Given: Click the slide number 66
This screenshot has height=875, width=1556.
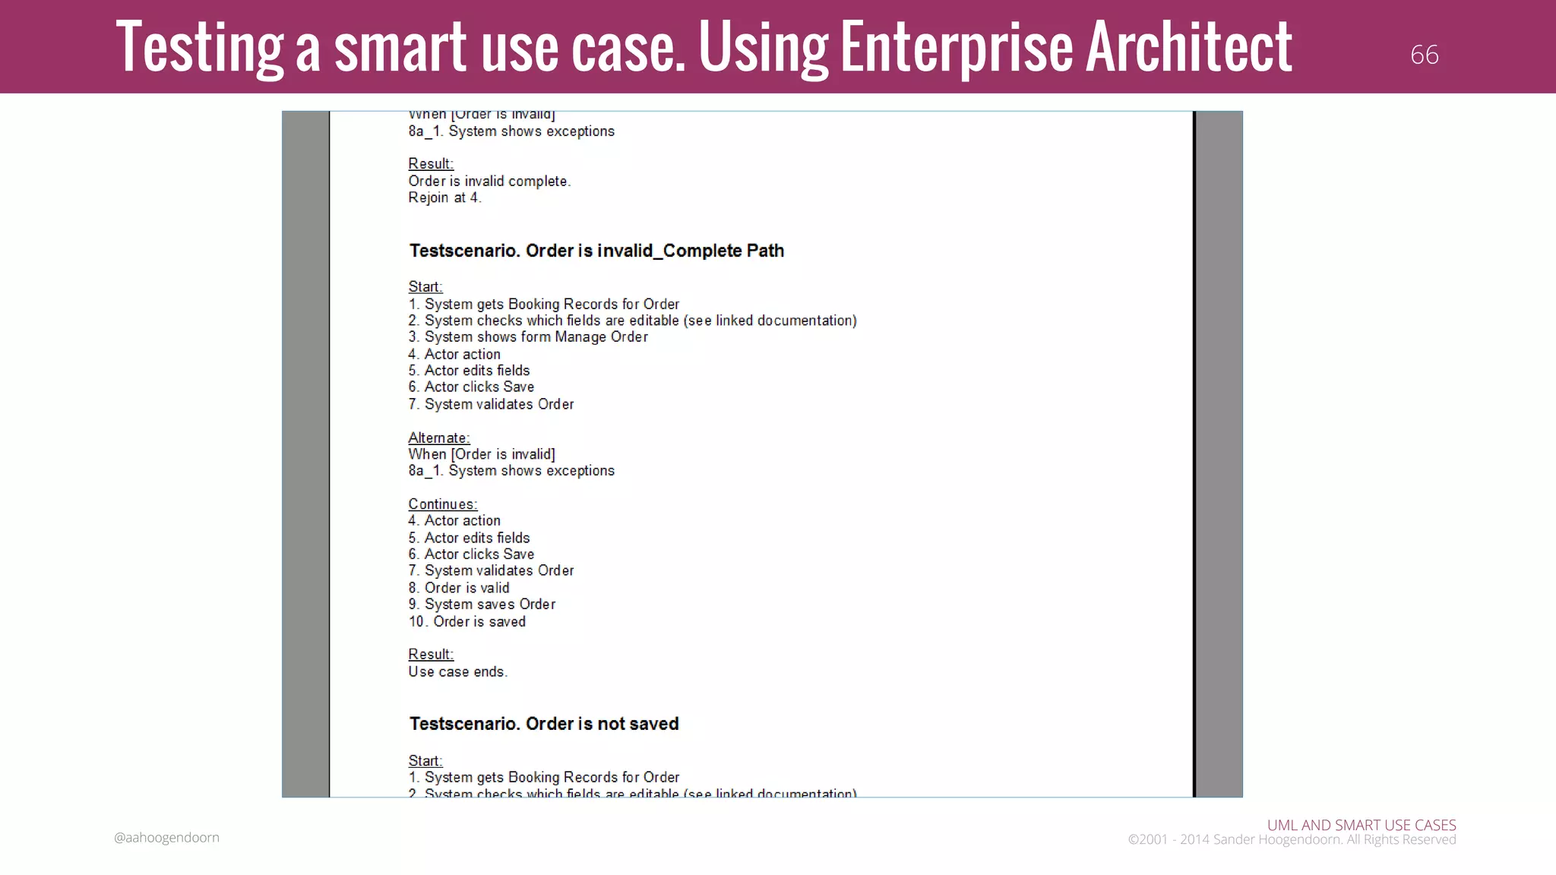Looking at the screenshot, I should [1424, 55].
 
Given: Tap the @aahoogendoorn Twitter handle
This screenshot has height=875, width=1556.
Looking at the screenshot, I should [166, 837].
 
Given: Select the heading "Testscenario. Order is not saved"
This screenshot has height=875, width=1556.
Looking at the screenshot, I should [543, 724].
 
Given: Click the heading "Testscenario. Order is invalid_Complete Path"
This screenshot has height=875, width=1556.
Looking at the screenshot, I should [596, 251].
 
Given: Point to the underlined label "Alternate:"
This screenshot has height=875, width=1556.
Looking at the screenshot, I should [438, 437].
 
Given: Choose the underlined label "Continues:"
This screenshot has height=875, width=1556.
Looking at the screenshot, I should [442, 504].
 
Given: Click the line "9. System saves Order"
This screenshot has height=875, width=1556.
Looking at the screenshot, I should [482, 605].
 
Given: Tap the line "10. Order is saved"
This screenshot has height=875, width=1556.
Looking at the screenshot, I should [466, 621].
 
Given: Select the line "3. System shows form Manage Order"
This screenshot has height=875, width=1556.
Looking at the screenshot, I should [528, 337].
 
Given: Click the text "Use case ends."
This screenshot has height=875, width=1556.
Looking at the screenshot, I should [457, 671].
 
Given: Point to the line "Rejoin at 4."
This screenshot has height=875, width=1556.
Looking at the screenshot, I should [444, 197].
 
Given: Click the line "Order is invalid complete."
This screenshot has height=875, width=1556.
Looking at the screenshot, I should [489, 181].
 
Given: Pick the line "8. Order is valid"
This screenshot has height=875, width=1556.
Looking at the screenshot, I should [459, 588].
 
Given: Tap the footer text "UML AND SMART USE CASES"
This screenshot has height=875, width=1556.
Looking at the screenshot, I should [1361, 825].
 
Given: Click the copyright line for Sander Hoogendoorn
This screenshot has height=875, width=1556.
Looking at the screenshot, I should [1292, 839].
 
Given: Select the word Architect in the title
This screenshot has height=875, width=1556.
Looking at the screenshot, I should [1189, 47].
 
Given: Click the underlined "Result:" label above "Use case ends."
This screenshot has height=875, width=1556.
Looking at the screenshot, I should [431, 654].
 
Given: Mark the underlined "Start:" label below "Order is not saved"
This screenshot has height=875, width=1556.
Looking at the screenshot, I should [425, 760].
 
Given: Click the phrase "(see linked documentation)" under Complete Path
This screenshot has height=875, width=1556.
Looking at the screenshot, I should [770, 321].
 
